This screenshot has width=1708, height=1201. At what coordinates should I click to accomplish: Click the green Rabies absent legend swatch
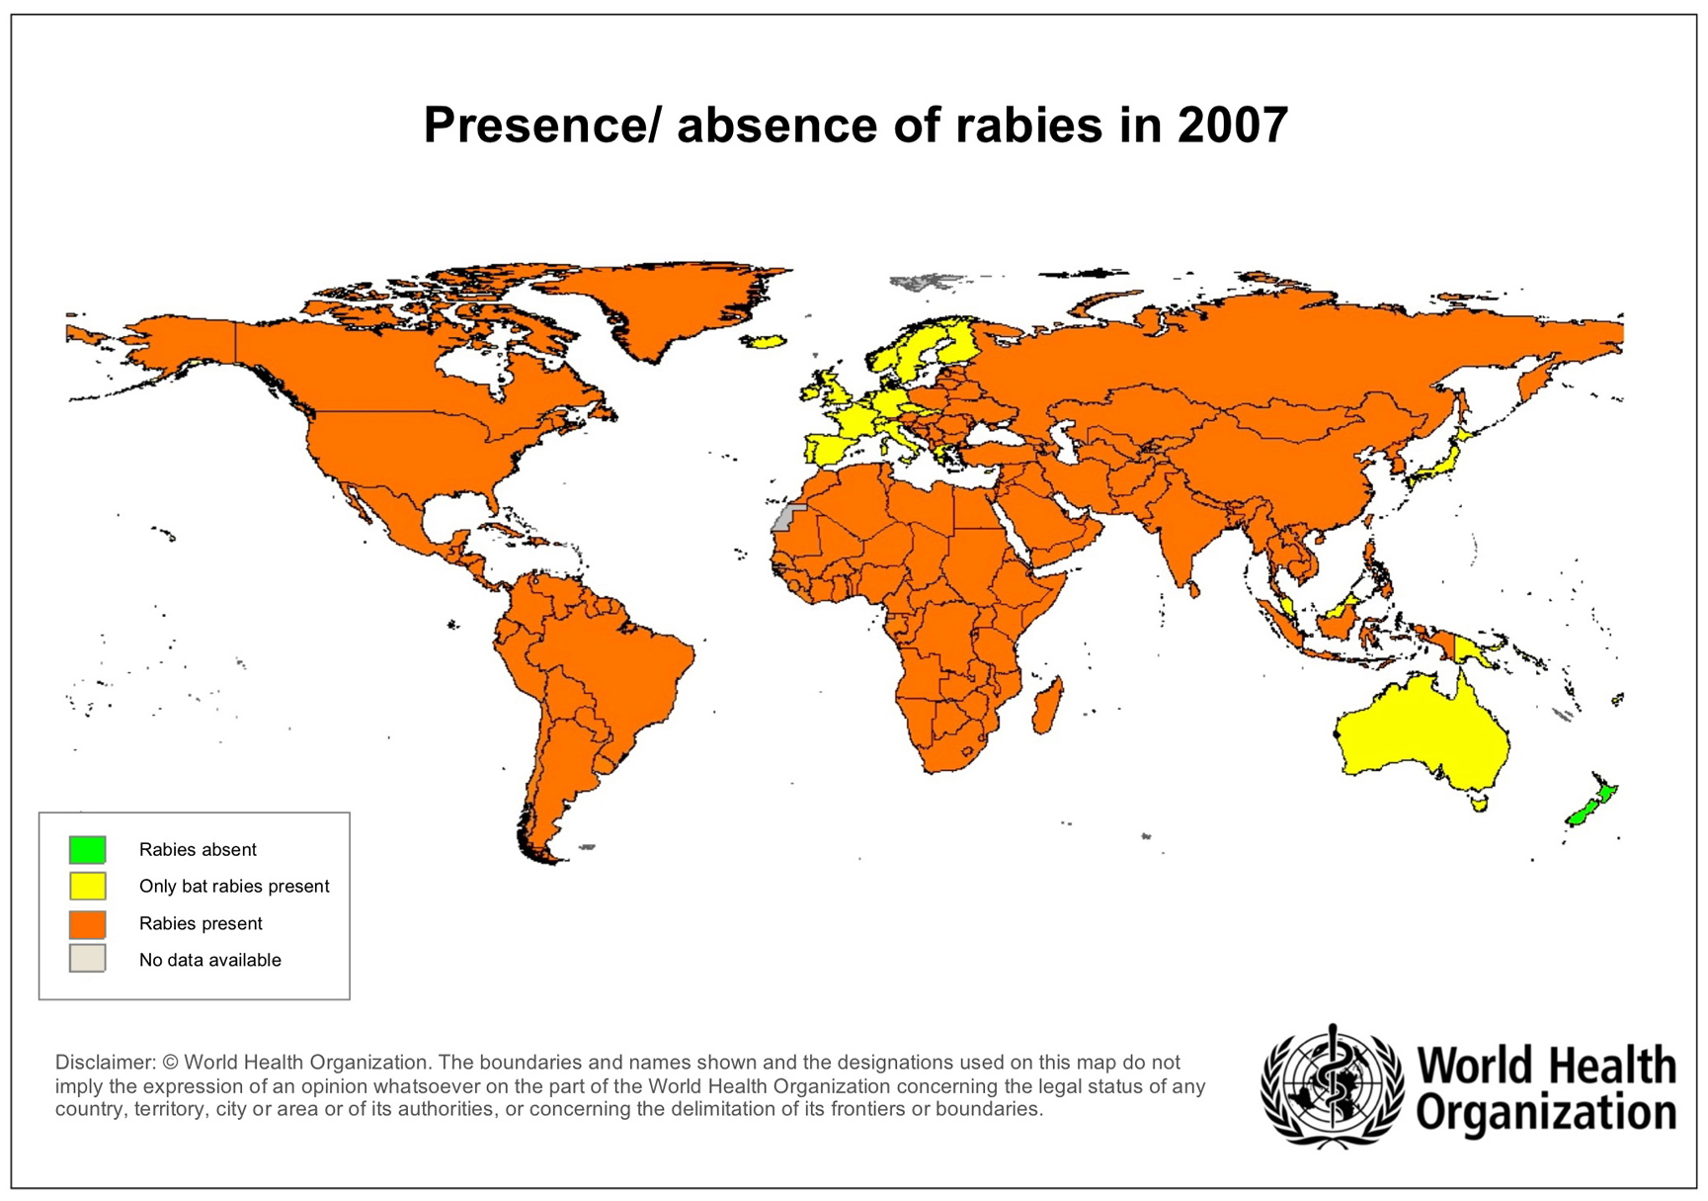click(x=87, y=849)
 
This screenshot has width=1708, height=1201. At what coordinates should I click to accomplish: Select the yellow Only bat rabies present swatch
click(x=87, y=886)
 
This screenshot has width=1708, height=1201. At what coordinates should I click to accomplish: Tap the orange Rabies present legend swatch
click(x=87, y=923)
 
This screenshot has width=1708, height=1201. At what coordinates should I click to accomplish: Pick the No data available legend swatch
click(x=87, y=959)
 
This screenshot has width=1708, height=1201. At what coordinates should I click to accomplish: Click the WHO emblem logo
click(x=1332, y=1086)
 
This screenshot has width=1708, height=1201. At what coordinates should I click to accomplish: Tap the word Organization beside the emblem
click(x=1546, y=1111)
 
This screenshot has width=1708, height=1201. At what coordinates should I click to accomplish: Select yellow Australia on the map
click(x=1423, y=731)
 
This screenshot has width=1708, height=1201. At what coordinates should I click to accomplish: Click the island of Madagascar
click(x=1048, y=705)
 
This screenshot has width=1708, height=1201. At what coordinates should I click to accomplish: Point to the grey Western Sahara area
click(x=786, y=518)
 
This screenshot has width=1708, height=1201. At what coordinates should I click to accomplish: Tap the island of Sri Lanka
click(x=1193, y=589)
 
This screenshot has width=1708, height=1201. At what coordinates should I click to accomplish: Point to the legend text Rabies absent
click(x=198, y=849)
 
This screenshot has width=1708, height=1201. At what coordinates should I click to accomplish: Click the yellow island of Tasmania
click(x=1479, y=805)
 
